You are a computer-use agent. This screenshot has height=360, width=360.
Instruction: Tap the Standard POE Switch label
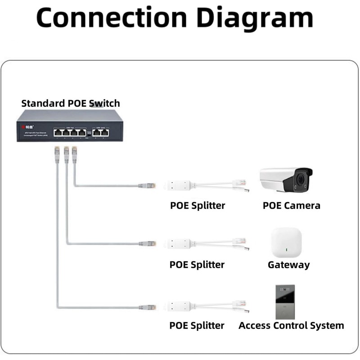pos(71,103)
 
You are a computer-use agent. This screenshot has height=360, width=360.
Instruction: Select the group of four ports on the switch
pos(69,132)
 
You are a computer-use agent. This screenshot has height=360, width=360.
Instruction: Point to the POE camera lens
pos(300,180)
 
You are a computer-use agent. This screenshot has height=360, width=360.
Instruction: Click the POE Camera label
pos(292,206)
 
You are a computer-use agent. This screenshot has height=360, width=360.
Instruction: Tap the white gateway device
pos(287,242)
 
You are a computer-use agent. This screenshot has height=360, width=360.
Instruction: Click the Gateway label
pos(288,265)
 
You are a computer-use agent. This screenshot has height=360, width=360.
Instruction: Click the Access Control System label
pos(291,325)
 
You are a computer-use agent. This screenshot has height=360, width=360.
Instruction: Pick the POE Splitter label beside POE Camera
pos(197,206)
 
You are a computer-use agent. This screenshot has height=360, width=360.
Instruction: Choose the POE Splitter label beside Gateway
pos(197,265)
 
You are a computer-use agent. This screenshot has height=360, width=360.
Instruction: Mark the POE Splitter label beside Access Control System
pos(197,325)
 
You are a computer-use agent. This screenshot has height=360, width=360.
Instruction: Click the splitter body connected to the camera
pos(179,184)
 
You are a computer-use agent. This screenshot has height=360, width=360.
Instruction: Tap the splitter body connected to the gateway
pos(179,243)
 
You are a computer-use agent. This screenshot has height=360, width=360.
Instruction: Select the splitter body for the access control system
pos(179,307)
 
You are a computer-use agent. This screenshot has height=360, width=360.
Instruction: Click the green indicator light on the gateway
pos(287,250)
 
